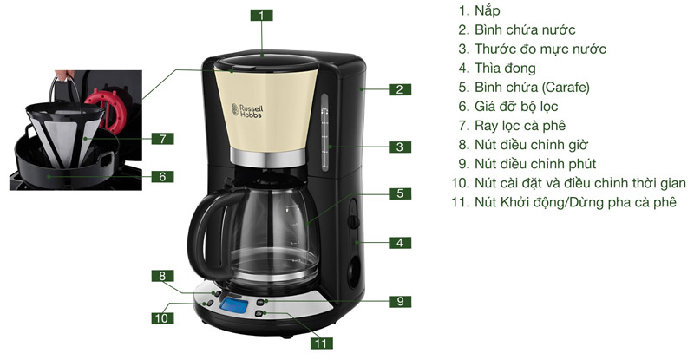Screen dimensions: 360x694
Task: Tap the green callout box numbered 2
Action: [398, 88]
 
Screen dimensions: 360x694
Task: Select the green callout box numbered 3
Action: [398, 147]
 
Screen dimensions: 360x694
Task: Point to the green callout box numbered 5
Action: [398, 193]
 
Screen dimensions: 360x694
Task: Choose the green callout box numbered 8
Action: [162, 276]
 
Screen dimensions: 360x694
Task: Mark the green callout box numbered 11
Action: [322, 344]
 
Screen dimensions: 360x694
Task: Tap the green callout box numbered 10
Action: [162, 317]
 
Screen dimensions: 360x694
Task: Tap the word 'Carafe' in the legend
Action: [563, 87]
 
